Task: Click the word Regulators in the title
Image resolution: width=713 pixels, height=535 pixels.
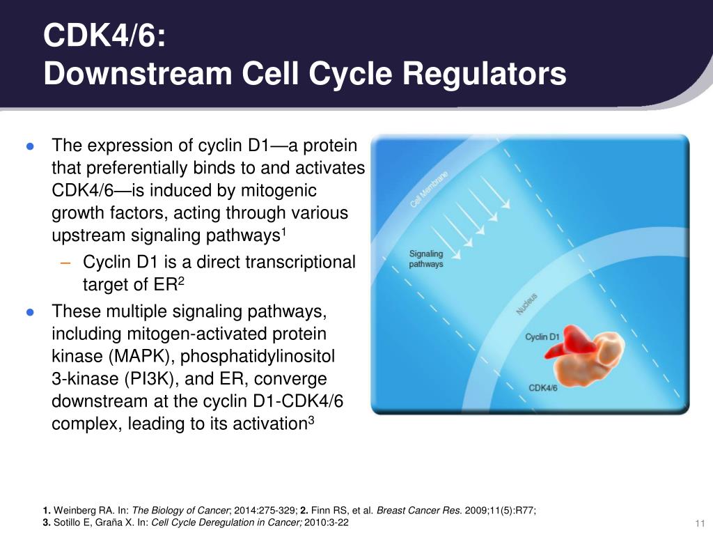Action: pyautogui.click(x=488, y=74)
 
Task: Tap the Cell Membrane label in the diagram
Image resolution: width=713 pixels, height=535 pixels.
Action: pyautogui.click(x=429, y=189)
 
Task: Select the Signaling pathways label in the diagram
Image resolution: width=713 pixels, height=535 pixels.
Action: pyautogui.click(x=426, y=259)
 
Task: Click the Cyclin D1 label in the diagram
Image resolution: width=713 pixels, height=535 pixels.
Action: pyautogui.click(x=542, y=337)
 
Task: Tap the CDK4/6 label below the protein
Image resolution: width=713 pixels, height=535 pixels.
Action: pyautogui.click(x=543, y=387)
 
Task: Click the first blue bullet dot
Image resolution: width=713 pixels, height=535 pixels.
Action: pyautogui.click(x=30, y=146)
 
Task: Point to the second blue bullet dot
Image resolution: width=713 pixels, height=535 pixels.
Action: pyautogui.click(x=30, y=312)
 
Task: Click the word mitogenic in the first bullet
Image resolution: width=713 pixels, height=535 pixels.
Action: pyautogui.click(x=278, y=190)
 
